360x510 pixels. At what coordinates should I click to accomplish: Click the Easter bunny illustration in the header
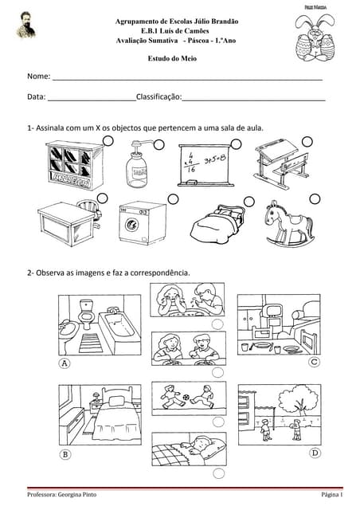click(315, 37)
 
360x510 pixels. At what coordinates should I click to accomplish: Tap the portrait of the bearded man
click(25, 25)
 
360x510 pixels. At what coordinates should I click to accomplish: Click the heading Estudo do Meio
click(172, 58)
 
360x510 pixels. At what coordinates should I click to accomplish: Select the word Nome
click(39, 76)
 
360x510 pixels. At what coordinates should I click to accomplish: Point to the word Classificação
click(159, 96)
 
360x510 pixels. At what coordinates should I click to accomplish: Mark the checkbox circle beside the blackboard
click(236, 144)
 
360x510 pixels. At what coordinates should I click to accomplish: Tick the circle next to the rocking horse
click(315, 199)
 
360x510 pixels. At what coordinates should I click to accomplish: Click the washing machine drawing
click(143, 223)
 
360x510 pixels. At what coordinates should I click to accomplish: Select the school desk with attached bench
click(282, 164)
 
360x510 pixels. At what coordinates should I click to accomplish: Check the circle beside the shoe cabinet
click(108, 141)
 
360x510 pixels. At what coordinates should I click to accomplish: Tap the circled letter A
click(65, 363)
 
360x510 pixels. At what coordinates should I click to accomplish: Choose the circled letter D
click(315, 453)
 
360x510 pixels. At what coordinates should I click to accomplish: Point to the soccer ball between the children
click(186, 398)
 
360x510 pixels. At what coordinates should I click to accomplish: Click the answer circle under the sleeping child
click(218, 473)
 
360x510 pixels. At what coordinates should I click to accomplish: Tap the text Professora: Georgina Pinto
click(62, 495)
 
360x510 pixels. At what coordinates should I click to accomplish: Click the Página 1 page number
click(331, 495)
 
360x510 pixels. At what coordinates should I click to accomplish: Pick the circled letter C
click(314, 362)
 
